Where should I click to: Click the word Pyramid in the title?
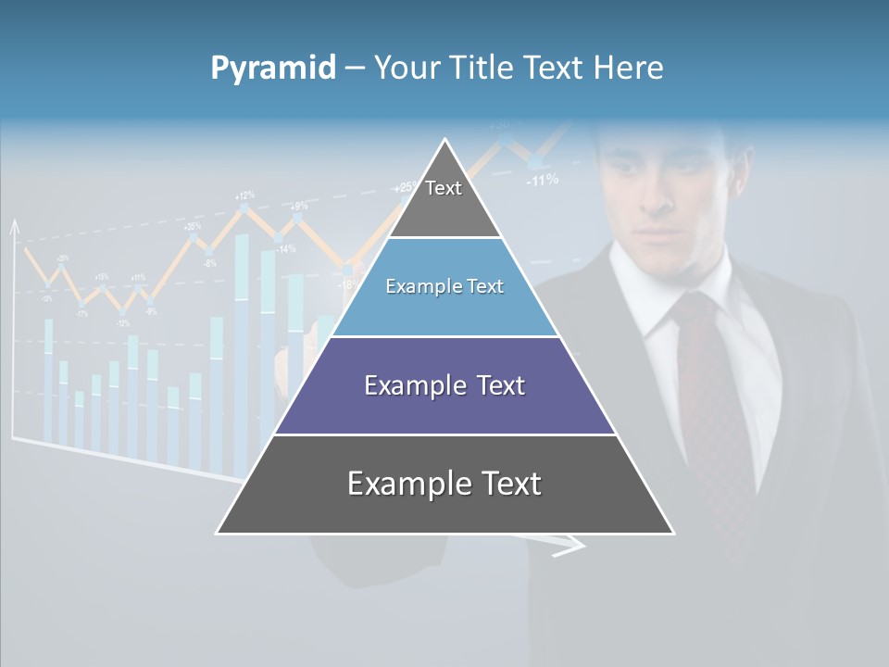272,68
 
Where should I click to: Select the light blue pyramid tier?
444,287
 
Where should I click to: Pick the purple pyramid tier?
444,385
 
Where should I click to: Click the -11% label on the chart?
542,180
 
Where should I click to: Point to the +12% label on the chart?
244,195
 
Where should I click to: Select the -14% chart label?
285,248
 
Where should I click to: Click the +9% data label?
299,206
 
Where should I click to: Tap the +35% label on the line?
193,226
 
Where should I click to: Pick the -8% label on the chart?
210,263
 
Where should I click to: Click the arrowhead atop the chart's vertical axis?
14,226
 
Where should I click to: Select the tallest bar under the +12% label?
242,352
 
